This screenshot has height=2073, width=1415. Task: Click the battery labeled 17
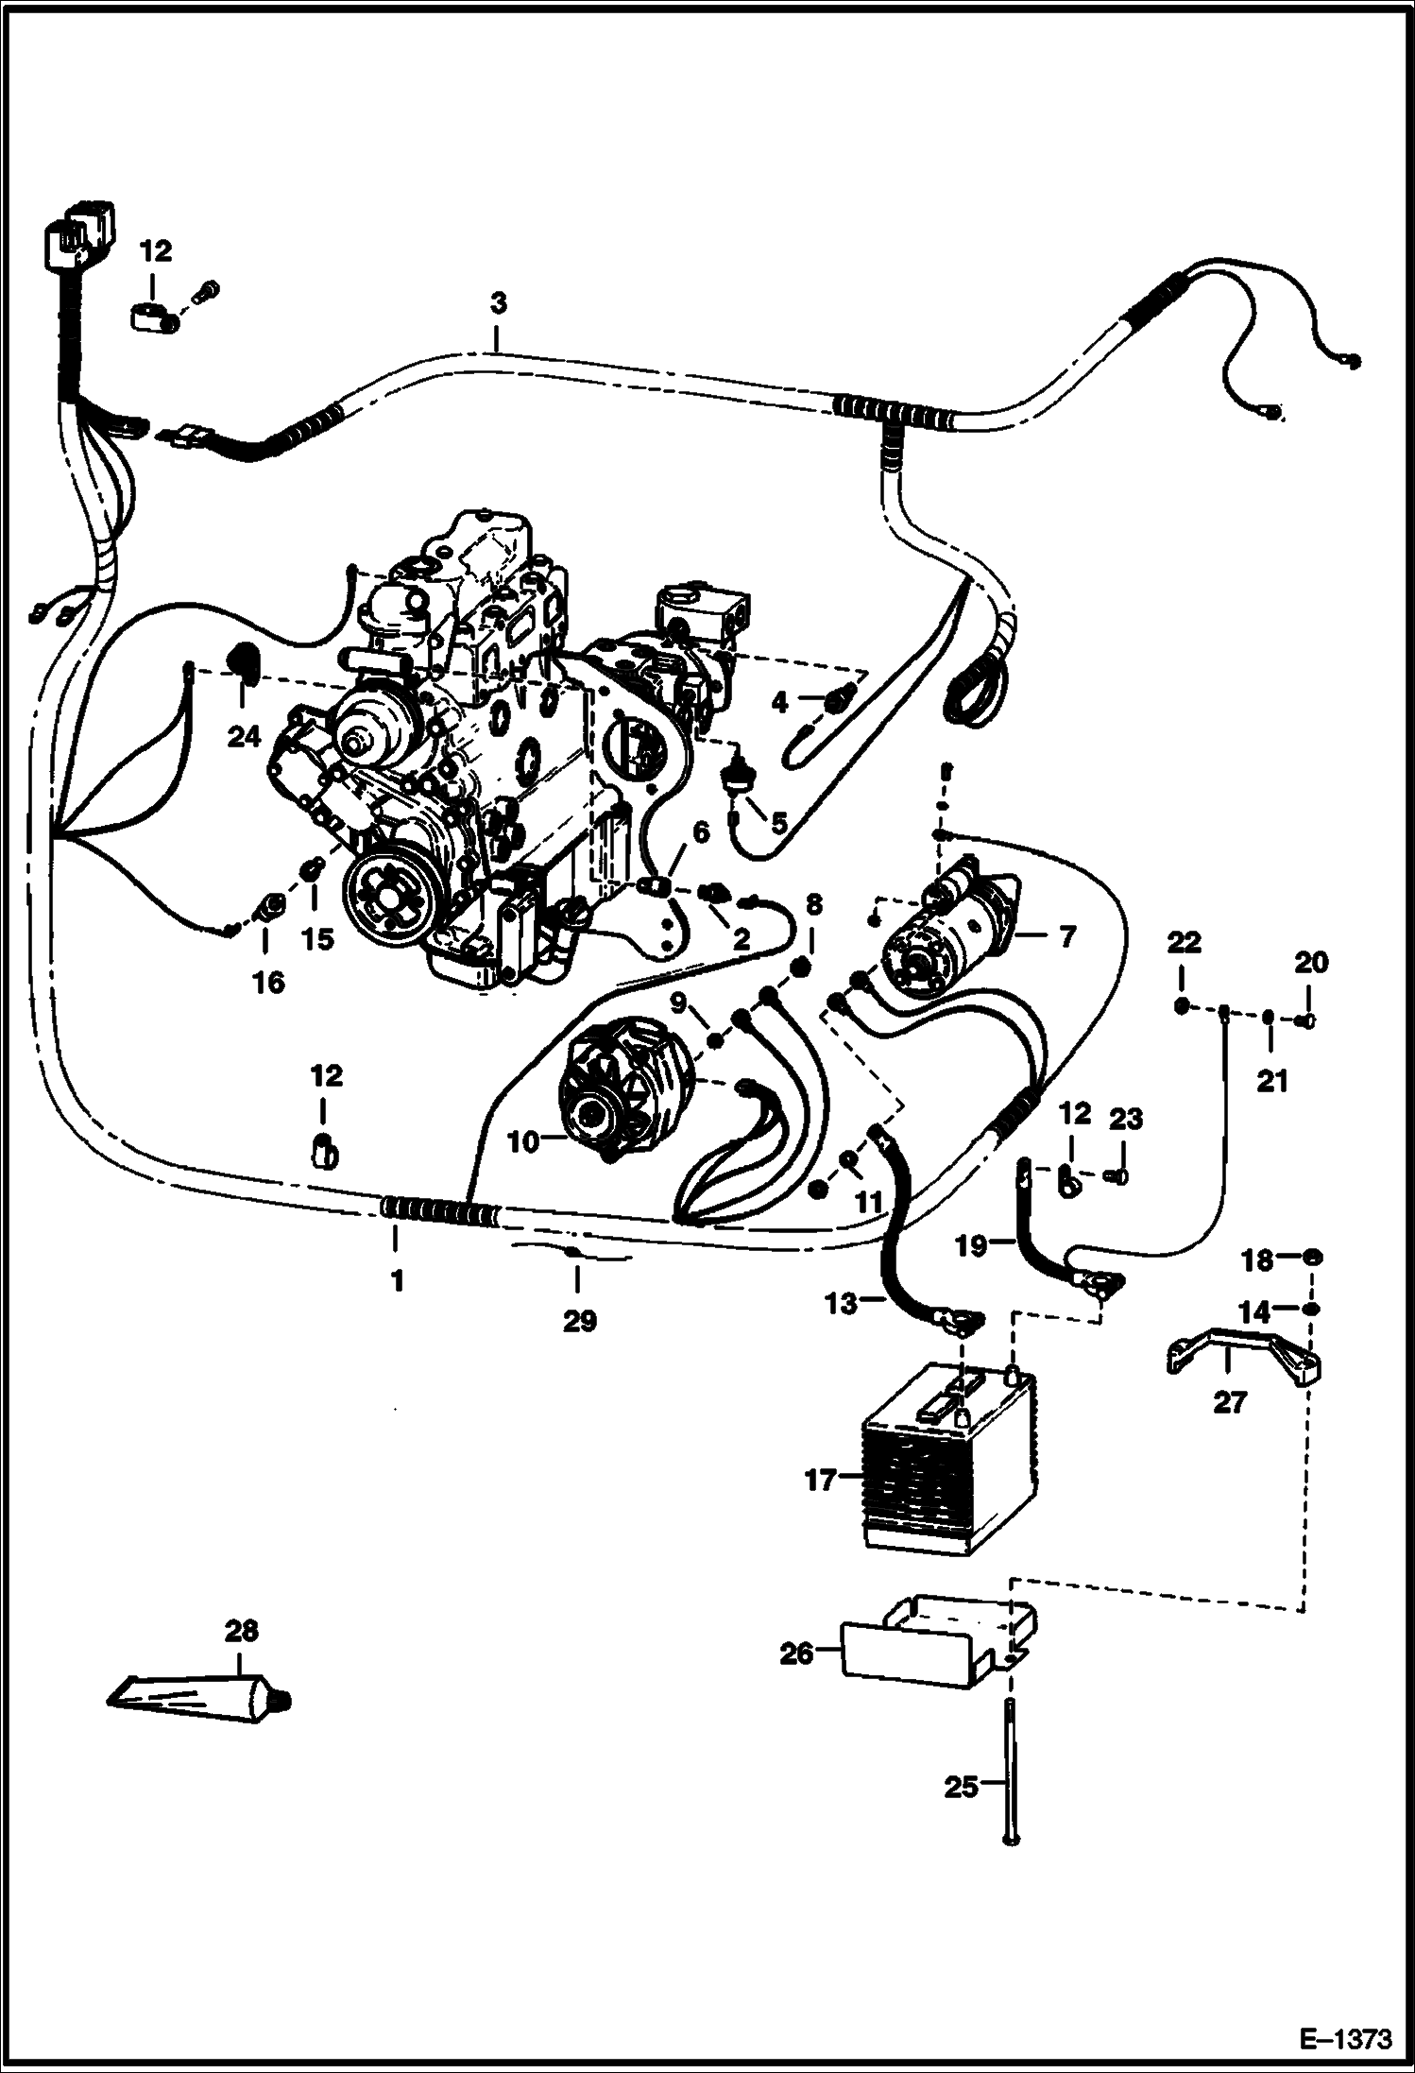949,1482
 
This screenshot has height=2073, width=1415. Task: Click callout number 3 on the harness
499,304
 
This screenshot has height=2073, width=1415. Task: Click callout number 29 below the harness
579,1321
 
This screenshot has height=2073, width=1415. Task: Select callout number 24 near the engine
244,735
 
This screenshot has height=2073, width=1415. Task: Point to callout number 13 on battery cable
842,1303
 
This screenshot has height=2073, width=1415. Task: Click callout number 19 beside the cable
971,1246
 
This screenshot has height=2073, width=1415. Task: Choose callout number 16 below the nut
268,983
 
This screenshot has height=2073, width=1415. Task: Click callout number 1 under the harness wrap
397,1280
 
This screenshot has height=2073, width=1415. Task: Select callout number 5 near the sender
778,823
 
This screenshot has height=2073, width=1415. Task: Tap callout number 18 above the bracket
1256,1259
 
